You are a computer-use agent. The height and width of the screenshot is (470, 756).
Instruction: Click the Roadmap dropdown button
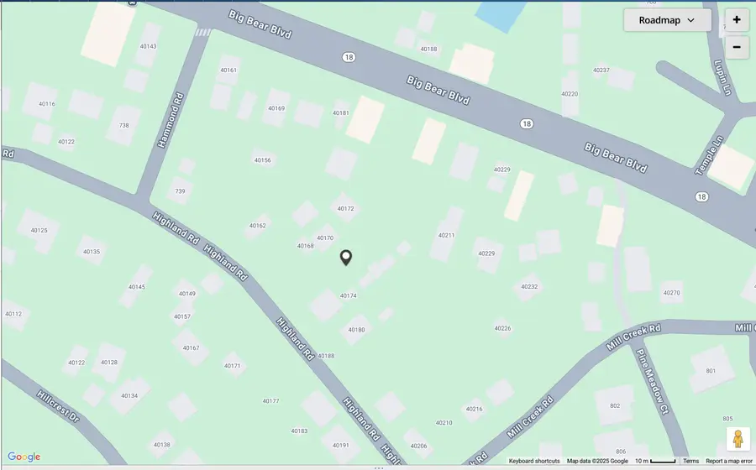point(667,20)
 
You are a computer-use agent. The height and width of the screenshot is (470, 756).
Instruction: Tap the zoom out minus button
point(737,47)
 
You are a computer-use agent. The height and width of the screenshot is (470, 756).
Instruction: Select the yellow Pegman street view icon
point(738,439)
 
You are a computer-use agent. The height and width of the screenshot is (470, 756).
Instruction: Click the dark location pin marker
point(345,258)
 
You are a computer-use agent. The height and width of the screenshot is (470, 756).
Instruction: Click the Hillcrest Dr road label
point(58,405)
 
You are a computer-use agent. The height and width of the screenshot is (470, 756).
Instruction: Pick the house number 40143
point(148,46)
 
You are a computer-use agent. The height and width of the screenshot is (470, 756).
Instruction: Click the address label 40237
point(601,70)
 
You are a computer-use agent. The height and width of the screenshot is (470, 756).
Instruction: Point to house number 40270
point(671,293)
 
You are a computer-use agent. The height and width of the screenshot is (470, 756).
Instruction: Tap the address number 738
point(124,125)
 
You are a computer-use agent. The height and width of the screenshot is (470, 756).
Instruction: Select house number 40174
point(348,295)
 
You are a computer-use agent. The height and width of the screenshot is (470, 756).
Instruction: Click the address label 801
point(711,370)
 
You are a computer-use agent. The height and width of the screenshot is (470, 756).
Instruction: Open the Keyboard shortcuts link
point(533,461)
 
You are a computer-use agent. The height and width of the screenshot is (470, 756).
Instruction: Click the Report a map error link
point(728,461)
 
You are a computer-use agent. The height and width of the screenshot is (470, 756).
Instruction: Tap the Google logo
point(24,457)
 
